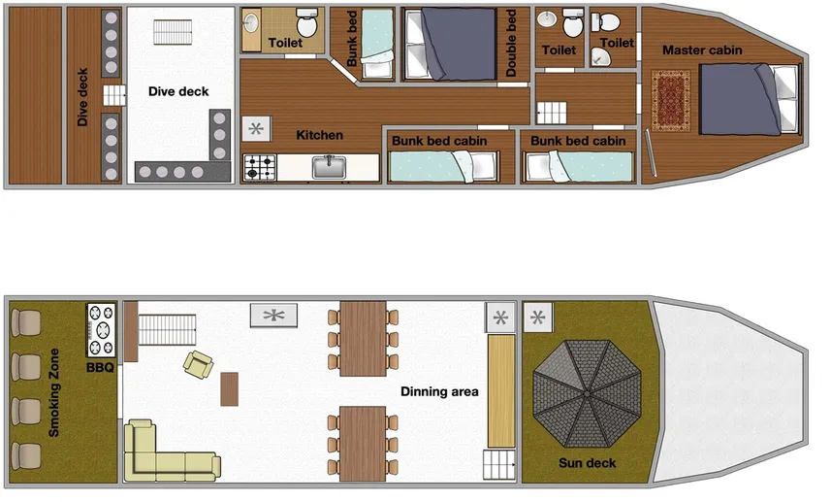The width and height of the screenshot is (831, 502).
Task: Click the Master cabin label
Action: pyautogui.click(x=702, y=50)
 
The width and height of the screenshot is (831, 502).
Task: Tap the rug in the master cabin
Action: pyautogui.click(x=670, y=101)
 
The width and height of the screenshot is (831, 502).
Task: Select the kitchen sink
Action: pyautogui.click(x=329, y=167)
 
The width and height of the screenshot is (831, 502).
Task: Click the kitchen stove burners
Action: pyautogui.click(x=260, y=167)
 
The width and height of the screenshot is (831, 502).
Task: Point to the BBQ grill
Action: pyautogui.click(x=101, y=330)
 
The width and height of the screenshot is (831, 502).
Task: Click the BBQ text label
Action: pyautogui.click(x=100, y=367)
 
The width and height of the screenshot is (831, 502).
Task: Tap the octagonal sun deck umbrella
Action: pyautogui.click(x=588, y=393)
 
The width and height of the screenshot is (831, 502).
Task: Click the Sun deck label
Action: pyautogui.click(x=588, y=463)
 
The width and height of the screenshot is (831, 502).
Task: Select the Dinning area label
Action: pyautogui.click(x=439, y=391)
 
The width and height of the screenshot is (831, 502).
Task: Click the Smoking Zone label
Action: pyautogui.click(x=54, y=392)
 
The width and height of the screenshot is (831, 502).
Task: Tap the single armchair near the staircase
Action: pyautogui.click(x=198, y=364)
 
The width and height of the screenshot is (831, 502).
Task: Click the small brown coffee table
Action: pyautogui.click(x=230, y=389)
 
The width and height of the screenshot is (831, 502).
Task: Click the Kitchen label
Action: pyautogui.click(x=320, y=135)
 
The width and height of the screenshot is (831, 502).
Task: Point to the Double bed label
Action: pyautogui.click(x=511, y=43)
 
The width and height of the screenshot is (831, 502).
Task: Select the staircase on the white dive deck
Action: pyautogui.click(x=173, y=32)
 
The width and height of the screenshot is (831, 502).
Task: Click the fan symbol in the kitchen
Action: pyautogui.click(x=257, y=129)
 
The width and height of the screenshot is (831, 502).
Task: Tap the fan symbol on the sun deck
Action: pyautogui.click(x=538, y=318)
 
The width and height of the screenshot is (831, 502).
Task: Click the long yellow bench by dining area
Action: pyautogui.click(x=501, y=391)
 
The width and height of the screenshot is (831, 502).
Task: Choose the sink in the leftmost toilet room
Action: pyautogui.click(x=251, y=23)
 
